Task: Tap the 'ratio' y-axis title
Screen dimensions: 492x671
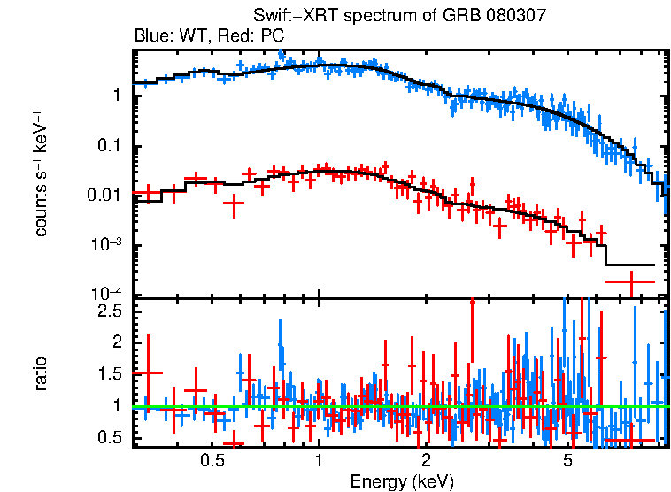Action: [x=42, y=373]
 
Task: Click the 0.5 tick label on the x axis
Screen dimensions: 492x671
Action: [x=212, y=460]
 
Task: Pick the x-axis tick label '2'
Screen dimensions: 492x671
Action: [x=426, y=460]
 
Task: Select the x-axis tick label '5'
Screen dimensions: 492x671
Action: [x=567, y=460]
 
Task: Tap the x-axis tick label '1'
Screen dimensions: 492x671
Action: [x=319, y=460]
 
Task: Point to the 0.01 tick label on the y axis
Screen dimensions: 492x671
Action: [x=104, y=196]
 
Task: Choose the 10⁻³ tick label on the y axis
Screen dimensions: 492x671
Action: [x=106, y=245]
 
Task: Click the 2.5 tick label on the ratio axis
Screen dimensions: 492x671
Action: [x=110, y=311]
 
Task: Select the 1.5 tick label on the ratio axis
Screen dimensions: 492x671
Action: [x=110, y=374]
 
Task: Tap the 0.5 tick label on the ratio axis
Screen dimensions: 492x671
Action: [x=110, y=438]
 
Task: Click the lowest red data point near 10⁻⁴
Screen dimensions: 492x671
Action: [x=630, y=281]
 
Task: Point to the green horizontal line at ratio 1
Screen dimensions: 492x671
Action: [x=398, y=406]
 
